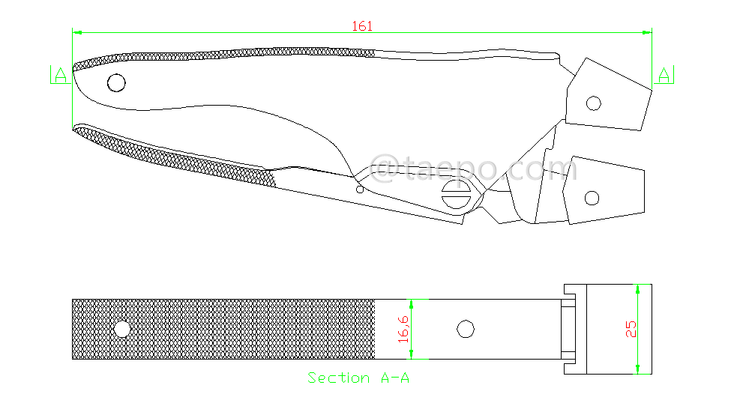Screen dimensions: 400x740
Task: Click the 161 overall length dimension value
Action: click(362, 26)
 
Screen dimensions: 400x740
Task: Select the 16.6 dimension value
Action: click(403, 330)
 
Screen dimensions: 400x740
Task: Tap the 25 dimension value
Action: click(631, 329)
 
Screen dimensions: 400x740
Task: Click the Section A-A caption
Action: click(358, 378)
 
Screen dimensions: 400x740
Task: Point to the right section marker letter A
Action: click(665, 75)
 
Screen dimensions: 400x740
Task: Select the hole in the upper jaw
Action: click(593, 103)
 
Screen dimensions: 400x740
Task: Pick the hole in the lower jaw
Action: click(592, 199)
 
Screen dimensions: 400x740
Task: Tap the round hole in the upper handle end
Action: click(116, 82)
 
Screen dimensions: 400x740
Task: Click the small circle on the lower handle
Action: click(360, 190)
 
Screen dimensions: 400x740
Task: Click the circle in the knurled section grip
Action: click(121, 329)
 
